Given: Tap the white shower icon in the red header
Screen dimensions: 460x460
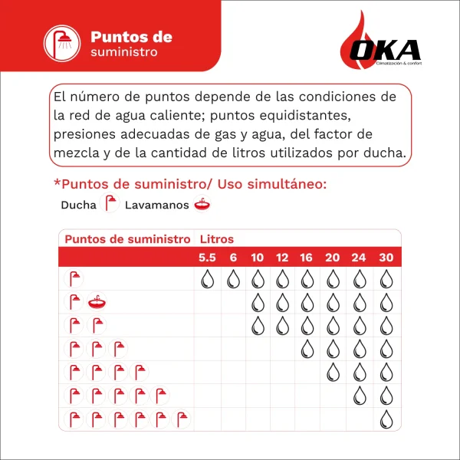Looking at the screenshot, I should [61, 44].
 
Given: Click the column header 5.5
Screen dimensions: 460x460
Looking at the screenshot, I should [207, 257].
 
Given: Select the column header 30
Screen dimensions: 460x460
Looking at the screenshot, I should [386, 257].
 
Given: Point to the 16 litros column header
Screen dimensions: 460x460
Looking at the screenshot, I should [307, 257].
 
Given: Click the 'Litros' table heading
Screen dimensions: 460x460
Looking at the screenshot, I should [216, 238].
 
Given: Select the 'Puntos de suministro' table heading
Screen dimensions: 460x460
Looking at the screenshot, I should [127, 238].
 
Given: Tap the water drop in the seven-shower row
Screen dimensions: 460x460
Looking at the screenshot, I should [386, 419].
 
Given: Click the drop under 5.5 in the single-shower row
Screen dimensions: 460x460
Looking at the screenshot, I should [207, 279].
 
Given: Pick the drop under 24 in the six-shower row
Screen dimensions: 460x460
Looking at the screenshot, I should [359, 396].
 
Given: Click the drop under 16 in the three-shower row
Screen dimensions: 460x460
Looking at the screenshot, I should [307, 349].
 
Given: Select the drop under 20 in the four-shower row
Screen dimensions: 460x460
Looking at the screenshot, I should [333, 373].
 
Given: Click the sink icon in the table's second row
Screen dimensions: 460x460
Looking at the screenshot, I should [97, 302].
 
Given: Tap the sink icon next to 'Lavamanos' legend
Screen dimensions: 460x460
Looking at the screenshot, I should [202, 205].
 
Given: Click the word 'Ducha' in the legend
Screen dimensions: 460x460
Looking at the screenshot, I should [78, 205].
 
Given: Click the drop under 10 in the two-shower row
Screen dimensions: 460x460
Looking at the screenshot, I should [258, 325].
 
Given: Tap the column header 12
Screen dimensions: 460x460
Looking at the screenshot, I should [282, 257].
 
